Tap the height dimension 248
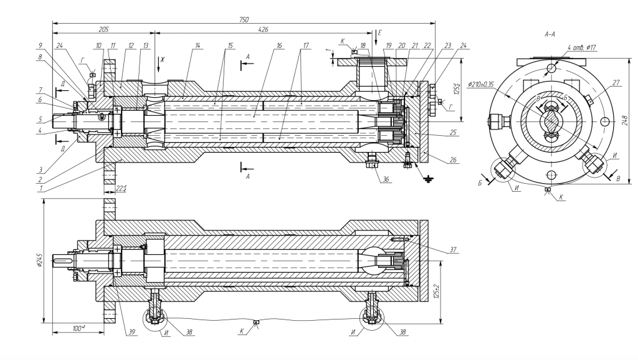click(x=625, y=120)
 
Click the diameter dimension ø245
click(x=39, y=261)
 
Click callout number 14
click(x=197, y=45)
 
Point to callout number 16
click(x=279, y=45)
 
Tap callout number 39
click(x=131, y=331)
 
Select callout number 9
click(x=40, y=45)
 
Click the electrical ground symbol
click(x=427, y=179)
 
